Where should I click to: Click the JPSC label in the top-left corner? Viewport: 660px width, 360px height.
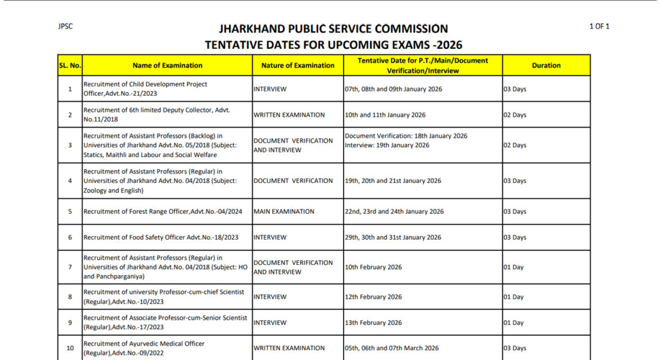tap(65, 26)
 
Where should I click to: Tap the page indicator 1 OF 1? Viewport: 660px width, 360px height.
tap(599, 26)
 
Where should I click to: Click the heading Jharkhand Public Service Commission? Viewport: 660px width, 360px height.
tap(333, 29)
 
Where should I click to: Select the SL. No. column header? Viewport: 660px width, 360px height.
tap(70, 65)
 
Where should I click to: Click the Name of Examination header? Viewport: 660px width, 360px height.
tap(167, 65)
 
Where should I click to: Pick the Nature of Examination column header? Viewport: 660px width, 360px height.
tap(298, 65)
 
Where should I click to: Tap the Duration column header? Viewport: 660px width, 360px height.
tap(546, 65)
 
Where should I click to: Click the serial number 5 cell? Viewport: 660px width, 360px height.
tap(70, 212)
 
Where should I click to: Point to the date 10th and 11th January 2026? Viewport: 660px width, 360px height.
tap(385, 115)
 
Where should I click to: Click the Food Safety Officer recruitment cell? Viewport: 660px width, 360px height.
tap(161, 237)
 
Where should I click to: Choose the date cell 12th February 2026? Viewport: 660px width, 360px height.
tap(373, 297)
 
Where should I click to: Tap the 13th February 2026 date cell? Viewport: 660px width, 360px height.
tap(373, 323)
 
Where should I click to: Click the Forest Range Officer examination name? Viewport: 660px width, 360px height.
tap(163, 212)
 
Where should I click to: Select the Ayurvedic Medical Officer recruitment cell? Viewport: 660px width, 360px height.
tap(144, 348)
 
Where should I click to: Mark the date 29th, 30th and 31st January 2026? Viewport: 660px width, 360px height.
tap(393, 237)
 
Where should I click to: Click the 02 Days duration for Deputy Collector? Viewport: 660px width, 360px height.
tap(515, 115)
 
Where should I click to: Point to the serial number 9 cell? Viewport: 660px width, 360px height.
tap(70, 323)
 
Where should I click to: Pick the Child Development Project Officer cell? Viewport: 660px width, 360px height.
tap(145, 89)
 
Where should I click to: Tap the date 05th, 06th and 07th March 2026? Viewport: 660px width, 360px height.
tap(392, 348)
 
